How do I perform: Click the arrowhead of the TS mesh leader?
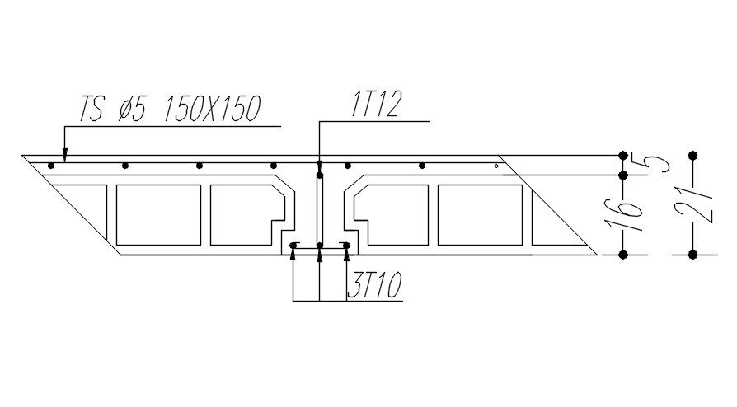coord(64,157)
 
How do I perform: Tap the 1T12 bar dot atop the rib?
coord(319,175)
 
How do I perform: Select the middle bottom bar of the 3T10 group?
coord(319,245)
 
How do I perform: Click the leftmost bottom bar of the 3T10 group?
coord(293,245)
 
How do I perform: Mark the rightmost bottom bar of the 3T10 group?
coord(346,245)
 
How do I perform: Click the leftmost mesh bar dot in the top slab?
coord(51,166)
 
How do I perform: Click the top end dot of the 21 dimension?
coord(692,155)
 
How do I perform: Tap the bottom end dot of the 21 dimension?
coord(692,255)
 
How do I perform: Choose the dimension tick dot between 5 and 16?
coord(623,175)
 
